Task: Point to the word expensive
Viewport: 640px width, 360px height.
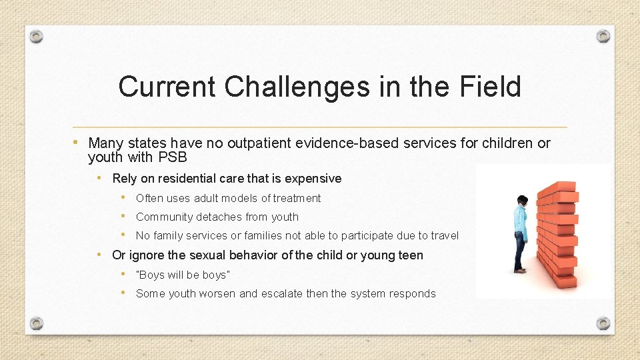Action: [x=313, y=178]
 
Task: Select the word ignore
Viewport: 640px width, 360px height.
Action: [x=145, y=255]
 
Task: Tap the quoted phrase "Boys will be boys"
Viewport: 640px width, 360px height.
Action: [x=183, y=275]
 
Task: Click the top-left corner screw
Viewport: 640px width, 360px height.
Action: [x=37, y=36]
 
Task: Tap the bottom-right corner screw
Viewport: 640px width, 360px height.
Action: [x=603, y=323]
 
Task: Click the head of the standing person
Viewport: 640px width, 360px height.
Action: [x=522, y=201]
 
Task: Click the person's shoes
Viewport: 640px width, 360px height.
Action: [x=520, y=270]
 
